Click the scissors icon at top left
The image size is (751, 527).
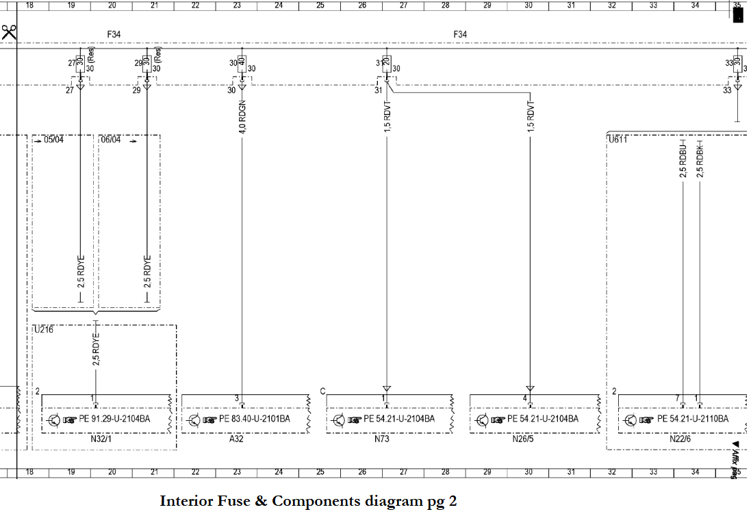9,32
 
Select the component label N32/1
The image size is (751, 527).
101,439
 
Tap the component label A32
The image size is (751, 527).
236,439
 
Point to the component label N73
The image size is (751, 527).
381,439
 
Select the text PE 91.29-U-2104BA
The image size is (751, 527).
114,419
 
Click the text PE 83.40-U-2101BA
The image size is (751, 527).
255,419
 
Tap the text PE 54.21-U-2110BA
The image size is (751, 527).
693,419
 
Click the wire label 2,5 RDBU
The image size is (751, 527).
683,162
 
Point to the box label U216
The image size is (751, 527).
43,330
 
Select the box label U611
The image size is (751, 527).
618,139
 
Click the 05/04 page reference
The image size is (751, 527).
53,140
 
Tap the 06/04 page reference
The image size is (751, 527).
111,140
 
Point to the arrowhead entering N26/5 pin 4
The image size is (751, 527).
529,389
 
